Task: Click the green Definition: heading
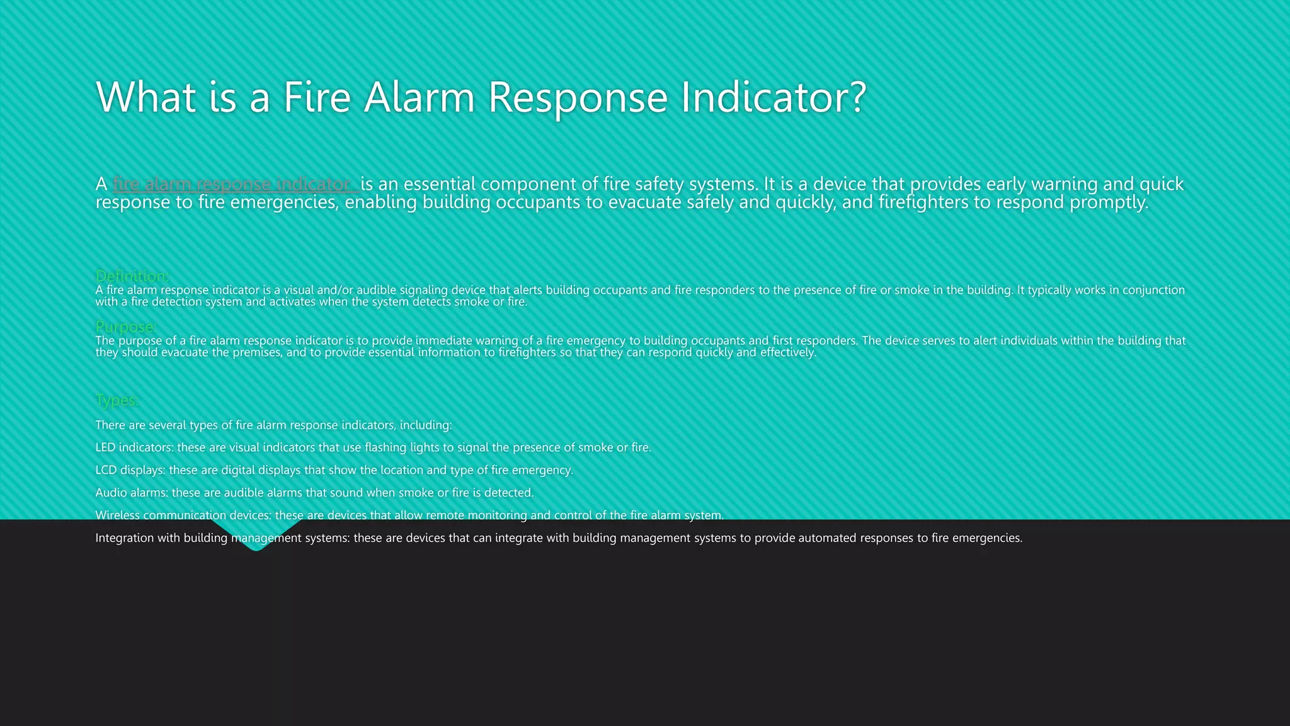tap(132, 276)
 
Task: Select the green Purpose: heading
tap(125, 326)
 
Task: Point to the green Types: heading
tap(117, 400)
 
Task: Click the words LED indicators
tap(134, 447)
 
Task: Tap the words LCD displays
tap(130, 470)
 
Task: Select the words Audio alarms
tap(132, 493)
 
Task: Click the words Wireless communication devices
tap(183, 516)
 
